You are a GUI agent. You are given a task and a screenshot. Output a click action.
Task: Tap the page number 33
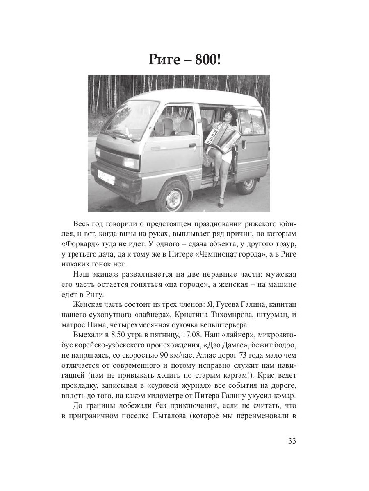coord(292,441)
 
